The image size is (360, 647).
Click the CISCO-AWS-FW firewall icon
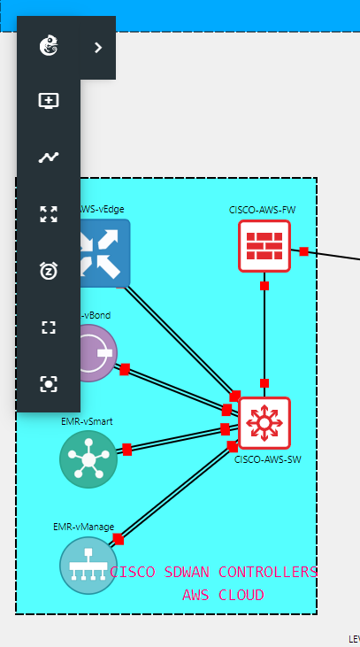point(264,245)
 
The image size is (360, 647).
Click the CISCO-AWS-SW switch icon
point(264,423)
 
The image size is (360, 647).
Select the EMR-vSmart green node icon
point(88,458)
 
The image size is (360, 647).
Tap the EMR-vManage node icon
point(88,565)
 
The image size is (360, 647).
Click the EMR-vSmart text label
point(87,421)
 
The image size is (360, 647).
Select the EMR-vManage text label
point(83,527)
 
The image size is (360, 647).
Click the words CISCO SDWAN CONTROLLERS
point(213,572)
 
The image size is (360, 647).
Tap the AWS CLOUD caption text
point(223,595)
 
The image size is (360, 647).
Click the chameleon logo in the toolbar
point(49,47)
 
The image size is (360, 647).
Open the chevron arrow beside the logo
point(98,48)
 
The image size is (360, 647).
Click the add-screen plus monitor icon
point(49,100)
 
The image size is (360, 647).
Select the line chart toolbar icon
point(49,158)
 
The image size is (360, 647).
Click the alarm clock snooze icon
point(49,271)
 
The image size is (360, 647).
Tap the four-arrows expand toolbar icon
point(49,214)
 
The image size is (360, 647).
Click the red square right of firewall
point(303,251)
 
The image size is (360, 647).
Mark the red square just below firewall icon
point(264,285)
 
